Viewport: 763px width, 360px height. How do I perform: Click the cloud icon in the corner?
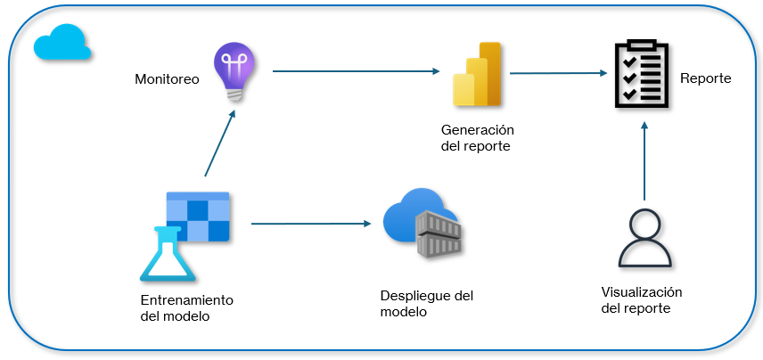pyautogui.click(x=62, y=43)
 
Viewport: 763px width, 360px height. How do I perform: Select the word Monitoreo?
pyautogui.click(x=167, y=79)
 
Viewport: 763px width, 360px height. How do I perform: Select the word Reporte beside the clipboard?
pyautogui.click(x=705, y=78)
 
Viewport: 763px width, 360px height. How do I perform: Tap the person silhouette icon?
pyautogui.click(x=644, y=239)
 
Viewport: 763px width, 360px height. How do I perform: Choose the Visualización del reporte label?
pyautogui.click(x=641, y=300)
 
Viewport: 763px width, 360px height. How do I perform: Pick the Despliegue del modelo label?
pyautogui.click(x=426, y=303)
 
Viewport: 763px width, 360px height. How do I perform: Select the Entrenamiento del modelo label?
pyautogui.click(x=186, y=308)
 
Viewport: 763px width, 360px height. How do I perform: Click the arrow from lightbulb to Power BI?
pyautogui.click(x=357, y=70)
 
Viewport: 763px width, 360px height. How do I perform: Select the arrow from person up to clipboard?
pyautogui.click(x=644, y=160)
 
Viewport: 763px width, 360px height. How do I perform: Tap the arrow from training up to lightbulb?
pyautogui.click(x=220, y=143)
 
